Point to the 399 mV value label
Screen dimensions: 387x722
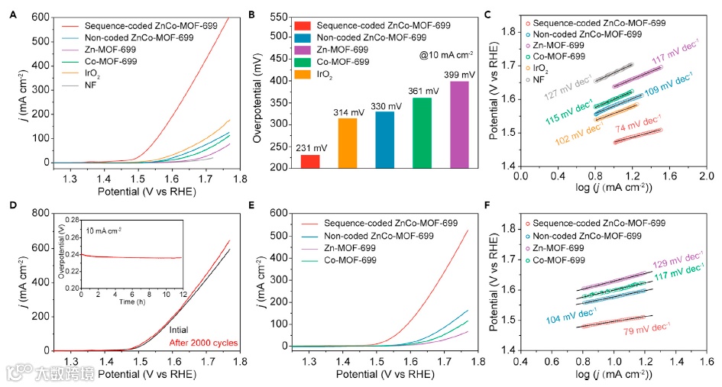[458, 74]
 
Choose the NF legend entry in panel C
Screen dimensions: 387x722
[538, 79]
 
